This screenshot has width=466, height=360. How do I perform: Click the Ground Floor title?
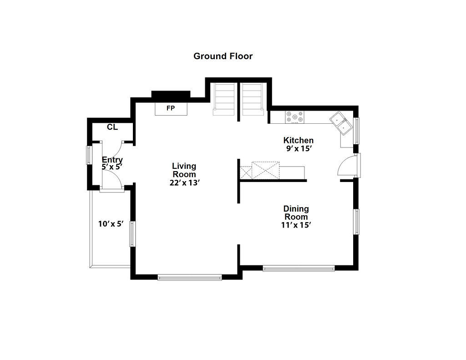(223, 56)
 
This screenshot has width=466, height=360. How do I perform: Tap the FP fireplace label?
(171, 108)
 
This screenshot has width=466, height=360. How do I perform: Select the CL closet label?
(112, 127)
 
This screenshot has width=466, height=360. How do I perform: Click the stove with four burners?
(294, 117)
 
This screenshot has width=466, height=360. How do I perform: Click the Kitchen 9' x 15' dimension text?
(299, 149)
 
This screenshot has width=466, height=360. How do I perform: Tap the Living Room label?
(184, 170)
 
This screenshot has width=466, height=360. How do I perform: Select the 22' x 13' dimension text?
(184, 183)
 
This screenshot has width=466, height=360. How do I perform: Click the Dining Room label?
(296, 213)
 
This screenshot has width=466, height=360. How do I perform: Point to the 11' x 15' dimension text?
(296, 225)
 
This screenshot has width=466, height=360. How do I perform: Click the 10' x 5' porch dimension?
(111, 224)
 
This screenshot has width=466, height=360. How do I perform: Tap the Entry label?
(112, 160)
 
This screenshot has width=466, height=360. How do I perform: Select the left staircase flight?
(224, 99)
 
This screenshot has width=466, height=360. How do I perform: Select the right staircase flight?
(252, 99)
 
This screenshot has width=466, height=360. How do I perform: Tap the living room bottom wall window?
(190, 278)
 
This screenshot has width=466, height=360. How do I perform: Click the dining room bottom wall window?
(299, 269)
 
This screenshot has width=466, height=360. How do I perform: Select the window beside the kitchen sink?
(356, 131)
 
